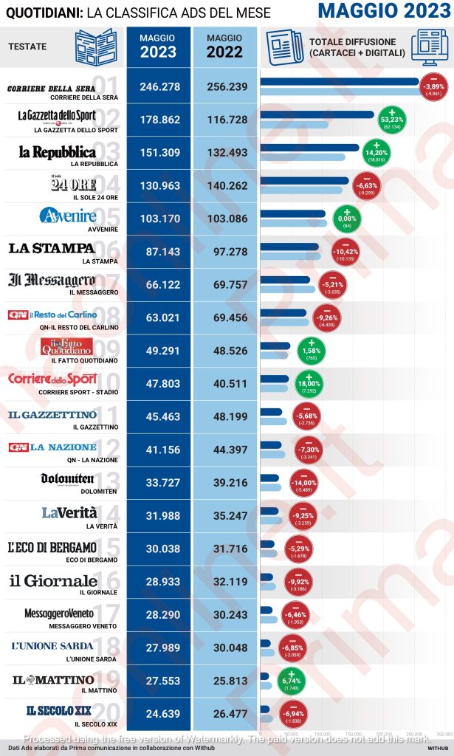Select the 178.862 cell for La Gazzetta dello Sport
pos(159,121)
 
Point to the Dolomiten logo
pos(67,479)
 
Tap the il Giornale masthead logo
pos(54,580)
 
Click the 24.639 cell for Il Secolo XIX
pos(159,716)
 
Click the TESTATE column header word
pos(27,47)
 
